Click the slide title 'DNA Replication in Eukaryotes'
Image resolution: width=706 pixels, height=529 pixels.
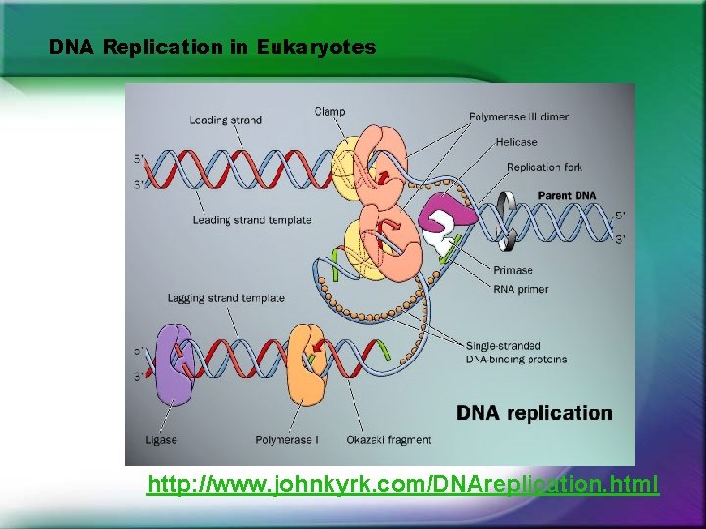tap(212, 47)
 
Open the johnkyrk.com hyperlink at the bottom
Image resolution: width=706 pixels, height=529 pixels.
tap(402, 484)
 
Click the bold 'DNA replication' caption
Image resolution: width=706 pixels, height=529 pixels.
tap(533, 412)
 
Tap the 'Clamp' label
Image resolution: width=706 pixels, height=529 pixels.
tap(329, 111)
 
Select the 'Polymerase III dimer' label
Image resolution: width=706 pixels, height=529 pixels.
tap(518, 117)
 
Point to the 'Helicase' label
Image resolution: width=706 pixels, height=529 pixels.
tap(516, 142)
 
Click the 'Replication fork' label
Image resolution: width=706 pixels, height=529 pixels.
tap(545, 168)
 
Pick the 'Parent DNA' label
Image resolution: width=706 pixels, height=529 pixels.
tap(567, 196)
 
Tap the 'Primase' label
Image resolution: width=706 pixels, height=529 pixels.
tap(514, 270)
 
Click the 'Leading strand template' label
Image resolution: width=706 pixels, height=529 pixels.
tap(252, 220)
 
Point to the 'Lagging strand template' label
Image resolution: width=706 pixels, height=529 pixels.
tap(226, 297)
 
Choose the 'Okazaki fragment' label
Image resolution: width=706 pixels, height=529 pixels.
tap(388, 440)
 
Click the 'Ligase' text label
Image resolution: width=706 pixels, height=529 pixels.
tap(161, 440)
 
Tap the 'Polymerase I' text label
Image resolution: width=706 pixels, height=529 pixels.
tap(286, 440)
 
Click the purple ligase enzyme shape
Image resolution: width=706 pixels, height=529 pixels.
tap(174, 364)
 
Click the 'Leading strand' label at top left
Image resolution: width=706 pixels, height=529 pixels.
tap(226, 120)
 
